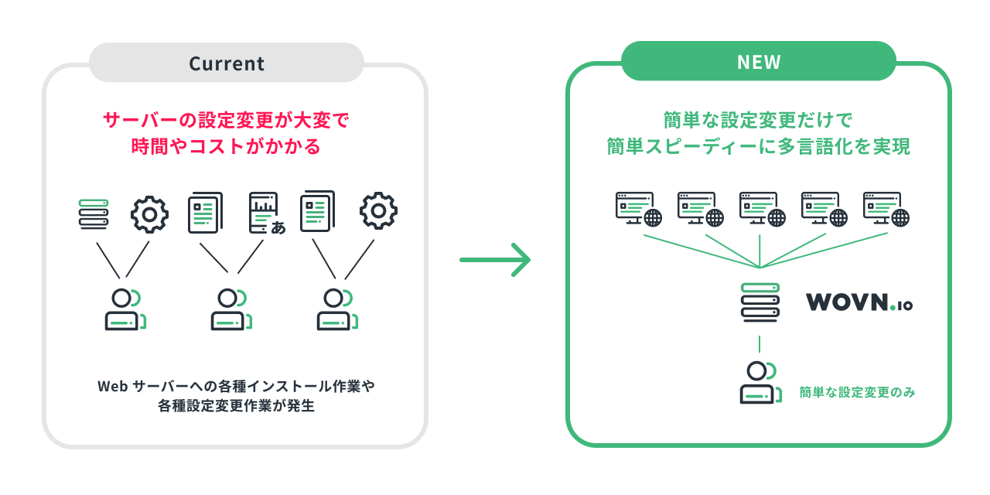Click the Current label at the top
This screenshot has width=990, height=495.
point(227,63)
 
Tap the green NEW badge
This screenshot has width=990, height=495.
point(759,62)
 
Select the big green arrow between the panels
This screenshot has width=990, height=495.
point(495,260)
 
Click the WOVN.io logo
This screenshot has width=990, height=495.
point(859,302)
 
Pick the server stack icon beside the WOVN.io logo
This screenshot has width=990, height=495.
point(760,302)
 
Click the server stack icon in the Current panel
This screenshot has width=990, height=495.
point(94,213)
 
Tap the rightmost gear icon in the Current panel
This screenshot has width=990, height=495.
point(378,210)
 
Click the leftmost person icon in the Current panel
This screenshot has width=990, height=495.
point(124,309)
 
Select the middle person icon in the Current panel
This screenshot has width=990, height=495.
point(229,309)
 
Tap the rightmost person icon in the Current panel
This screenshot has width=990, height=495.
point(336,309)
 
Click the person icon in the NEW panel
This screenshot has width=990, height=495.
point(759,382)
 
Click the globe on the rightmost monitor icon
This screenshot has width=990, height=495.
point(900,217)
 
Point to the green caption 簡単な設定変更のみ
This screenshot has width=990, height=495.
point(857,392)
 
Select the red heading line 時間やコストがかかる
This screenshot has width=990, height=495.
point(226,146)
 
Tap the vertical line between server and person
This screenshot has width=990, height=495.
point(760,343)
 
